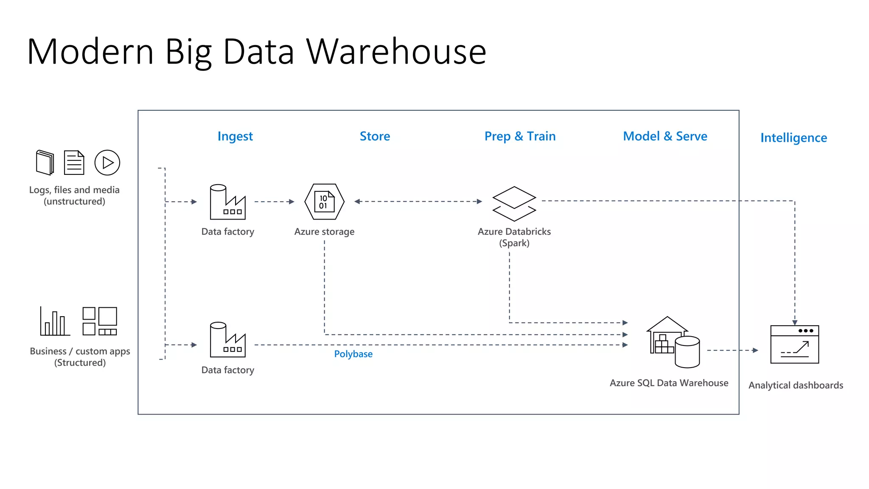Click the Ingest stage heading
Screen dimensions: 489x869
tap(235, 136)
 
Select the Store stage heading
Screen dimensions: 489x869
tap(375, 136)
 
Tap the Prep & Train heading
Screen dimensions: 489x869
tap(520, 136)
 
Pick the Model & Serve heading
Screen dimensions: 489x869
tap(665, 136)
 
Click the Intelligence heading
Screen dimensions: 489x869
tap(793, 138)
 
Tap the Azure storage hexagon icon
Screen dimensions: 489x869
tap(325, 202)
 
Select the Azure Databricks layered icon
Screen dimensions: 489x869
tap(514, 204)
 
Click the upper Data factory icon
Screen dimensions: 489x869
tap(228, 202)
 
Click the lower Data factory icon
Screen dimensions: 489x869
tap(228, 340)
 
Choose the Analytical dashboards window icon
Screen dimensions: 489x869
tap(794, 344)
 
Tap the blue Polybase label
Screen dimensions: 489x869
tap(353, 354)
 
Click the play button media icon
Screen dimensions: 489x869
tap(107, 163)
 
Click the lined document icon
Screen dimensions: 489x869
tap(74, 163)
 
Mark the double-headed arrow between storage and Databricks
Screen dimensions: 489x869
tap(418, 202)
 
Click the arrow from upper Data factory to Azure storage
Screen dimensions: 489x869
tap(274, 202)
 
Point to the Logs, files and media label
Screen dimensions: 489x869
tap(74, 195)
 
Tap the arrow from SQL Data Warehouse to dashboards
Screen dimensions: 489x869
tap(732, 350)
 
